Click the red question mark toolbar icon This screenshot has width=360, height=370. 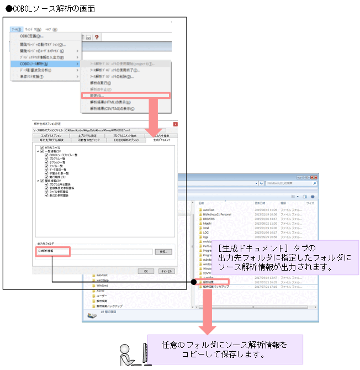(97, 36)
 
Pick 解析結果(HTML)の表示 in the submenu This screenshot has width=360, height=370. (110, 102)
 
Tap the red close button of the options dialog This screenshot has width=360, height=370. (175, 125)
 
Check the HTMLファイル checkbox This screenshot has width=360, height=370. (42, 148)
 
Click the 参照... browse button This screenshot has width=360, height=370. (163, 251)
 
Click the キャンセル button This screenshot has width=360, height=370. (166, 271)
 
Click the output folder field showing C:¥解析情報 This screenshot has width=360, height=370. (94, 251)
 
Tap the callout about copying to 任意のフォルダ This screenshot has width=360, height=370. (225, 349)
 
